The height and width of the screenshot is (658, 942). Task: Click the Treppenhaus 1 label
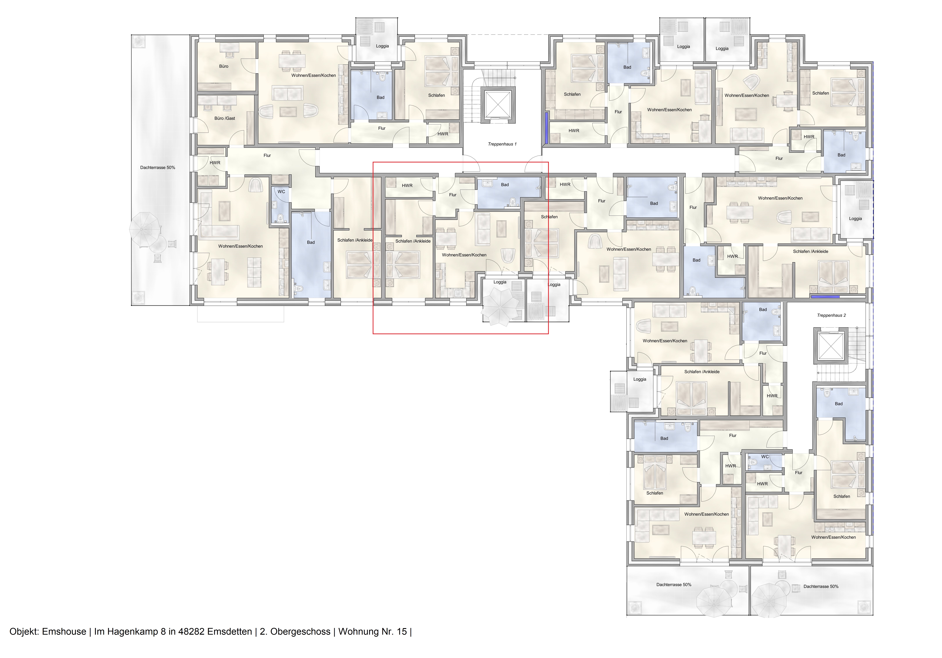point(502,144)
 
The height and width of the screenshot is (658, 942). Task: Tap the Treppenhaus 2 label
point(831,315)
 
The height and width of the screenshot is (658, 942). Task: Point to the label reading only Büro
point(224,66)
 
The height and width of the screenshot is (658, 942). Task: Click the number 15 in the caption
point(402,631)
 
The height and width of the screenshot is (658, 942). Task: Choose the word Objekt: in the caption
point(24,631)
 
